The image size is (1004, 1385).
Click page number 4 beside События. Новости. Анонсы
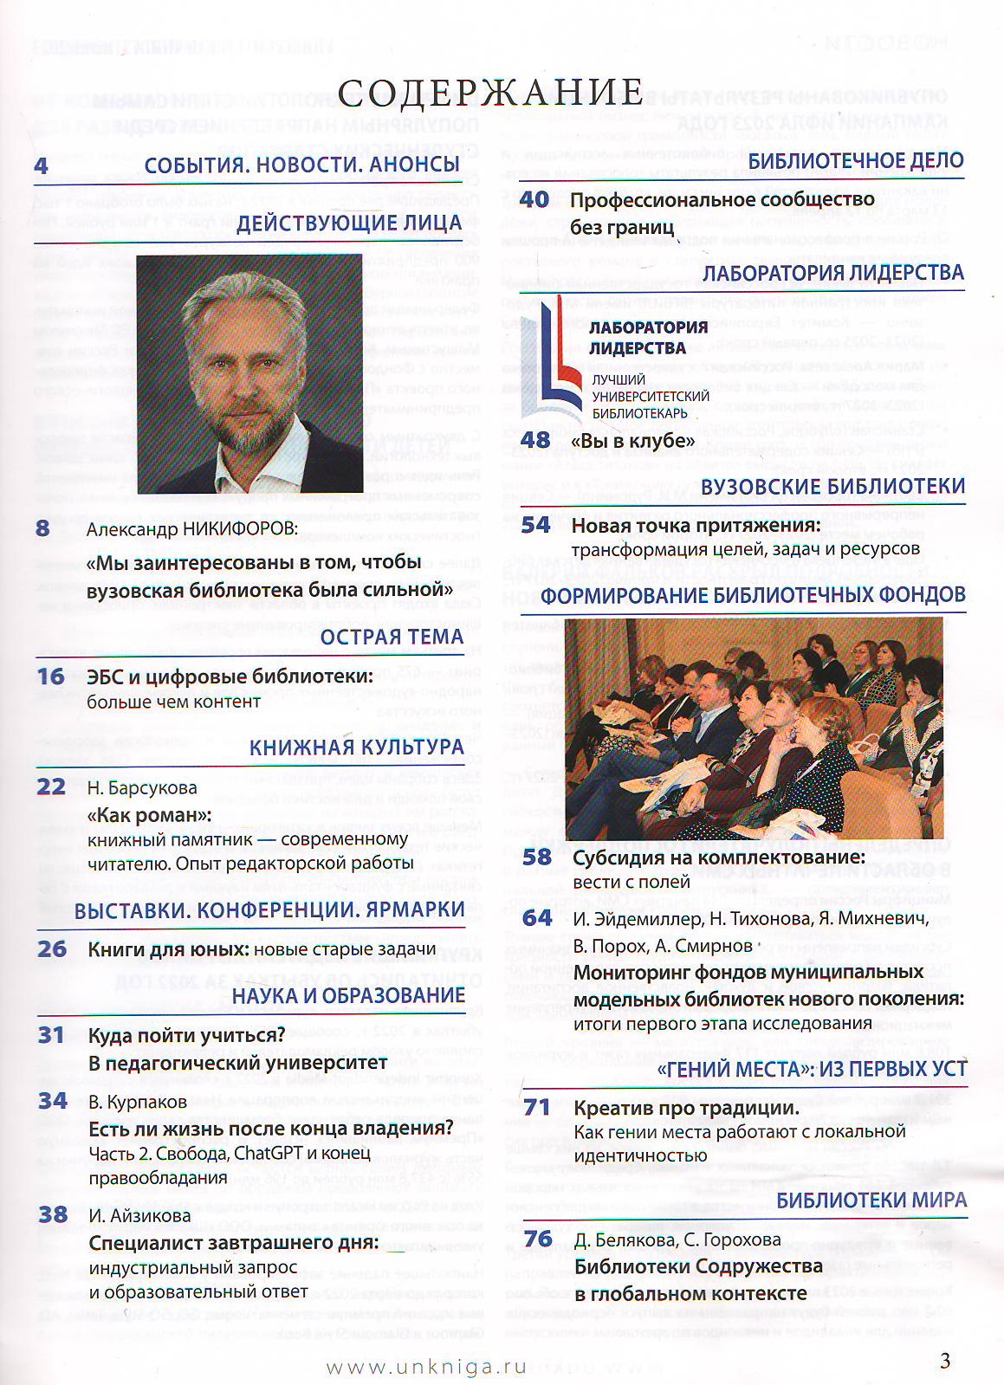pyautogui.click(x=42, y=165)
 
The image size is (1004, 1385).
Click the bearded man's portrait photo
pyautogui.click(x=249, y=374)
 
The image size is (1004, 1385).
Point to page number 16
pyautogui.click(x=51, y=676)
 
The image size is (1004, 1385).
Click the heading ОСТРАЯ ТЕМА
pyautogui.click(x=392, y=637)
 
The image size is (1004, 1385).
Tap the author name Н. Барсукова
pyautogui.click(x=142, y=788)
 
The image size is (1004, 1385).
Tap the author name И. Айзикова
pyautogui.click(x=139, y=1215)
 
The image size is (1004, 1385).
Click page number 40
pyautogui.click(x=534, y=199)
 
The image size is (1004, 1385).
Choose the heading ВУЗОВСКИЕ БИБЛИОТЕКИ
pyautogui.click(x=832, y=486)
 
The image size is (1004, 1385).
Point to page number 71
pyautogui.click(x=537, y=1108)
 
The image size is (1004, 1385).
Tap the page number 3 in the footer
pyautogui.click(x=944, y=1360)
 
